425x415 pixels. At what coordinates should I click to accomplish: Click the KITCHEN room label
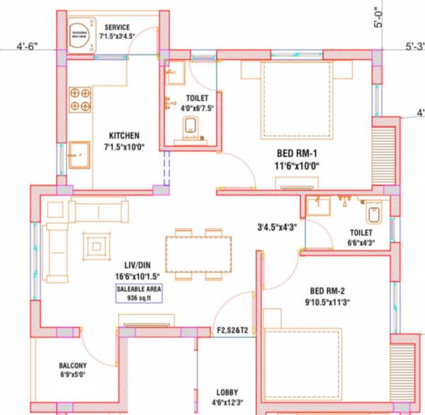[x=124, y=135]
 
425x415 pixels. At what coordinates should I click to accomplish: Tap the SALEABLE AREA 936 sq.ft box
[x=139, y=294]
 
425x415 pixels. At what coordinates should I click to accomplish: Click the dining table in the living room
[x=198, y=254]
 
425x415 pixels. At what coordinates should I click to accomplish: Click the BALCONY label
[x=73, y=366]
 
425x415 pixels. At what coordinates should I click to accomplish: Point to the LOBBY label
[x=227, y=392]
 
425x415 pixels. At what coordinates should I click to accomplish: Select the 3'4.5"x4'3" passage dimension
[x=278, y=227]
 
